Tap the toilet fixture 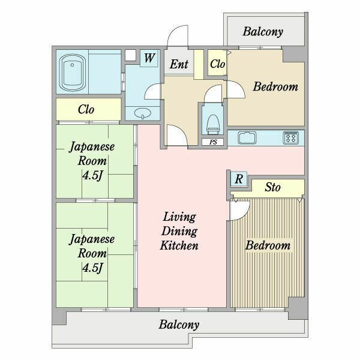[x=213, y=124]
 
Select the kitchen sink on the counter [x=247, y=138]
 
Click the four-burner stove [x=290, y=138]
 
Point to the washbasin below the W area [x=143, y=113]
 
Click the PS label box [x=213, y=142]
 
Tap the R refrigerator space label [x=239, y=179]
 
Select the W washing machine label [x=149, y=58]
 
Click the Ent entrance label [x=179, y=64]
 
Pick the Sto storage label [x=272, y=187]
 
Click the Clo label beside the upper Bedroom [x=217, y=64]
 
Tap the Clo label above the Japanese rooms [x=86, y=110]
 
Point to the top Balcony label [x=263, y=32]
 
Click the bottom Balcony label [x=179, y=325]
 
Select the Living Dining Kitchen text [x=179, y=231]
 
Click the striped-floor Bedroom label [x=268, y=245]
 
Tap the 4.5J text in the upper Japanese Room [x=92, y=176]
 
